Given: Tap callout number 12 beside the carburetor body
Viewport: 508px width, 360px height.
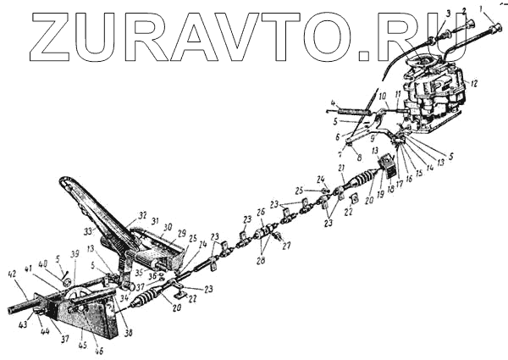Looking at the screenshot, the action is pos(475,83).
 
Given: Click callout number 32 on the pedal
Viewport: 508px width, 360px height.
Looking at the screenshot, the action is pos(141,214).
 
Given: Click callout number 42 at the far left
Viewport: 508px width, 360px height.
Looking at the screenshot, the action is pos(11,274).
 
